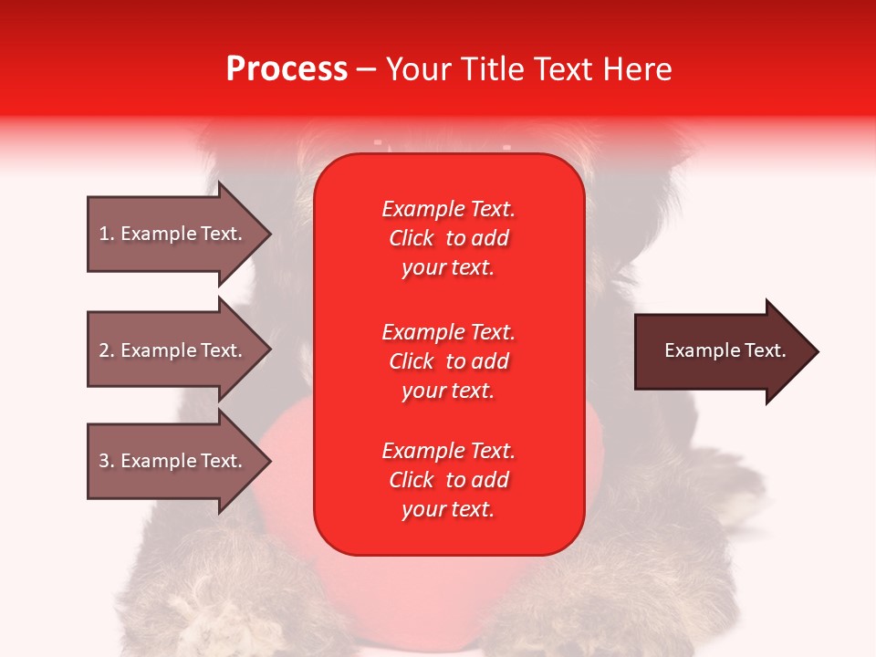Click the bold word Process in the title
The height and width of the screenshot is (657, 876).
(x=287, y=69)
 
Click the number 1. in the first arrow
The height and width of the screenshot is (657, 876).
(x=107, y=234)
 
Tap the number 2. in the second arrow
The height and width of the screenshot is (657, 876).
(x=107, y=350)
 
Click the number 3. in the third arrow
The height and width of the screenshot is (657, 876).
(x=107, y=461)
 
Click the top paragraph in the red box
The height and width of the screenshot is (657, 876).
(x=448, y=238)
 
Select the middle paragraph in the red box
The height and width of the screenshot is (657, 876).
(x=448, y=361)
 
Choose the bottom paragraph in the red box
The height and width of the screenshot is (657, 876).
(x=448, y=480)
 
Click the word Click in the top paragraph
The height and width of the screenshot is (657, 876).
(x=412, y=238)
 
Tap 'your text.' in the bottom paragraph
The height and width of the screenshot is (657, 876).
(x=448, y=509)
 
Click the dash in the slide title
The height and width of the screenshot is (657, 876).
(x=366, y=70)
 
